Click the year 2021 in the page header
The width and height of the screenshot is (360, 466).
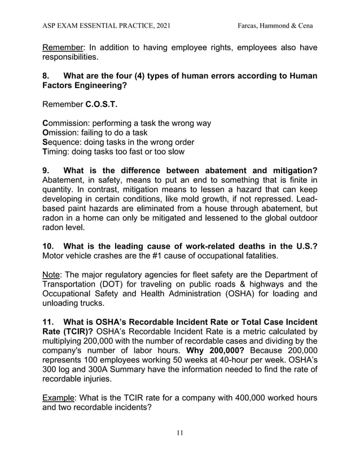click(161, 25)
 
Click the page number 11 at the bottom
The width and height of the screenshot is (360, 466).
click(179, 433)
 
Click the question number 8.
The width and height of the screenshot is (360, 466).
click(47, 76)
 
